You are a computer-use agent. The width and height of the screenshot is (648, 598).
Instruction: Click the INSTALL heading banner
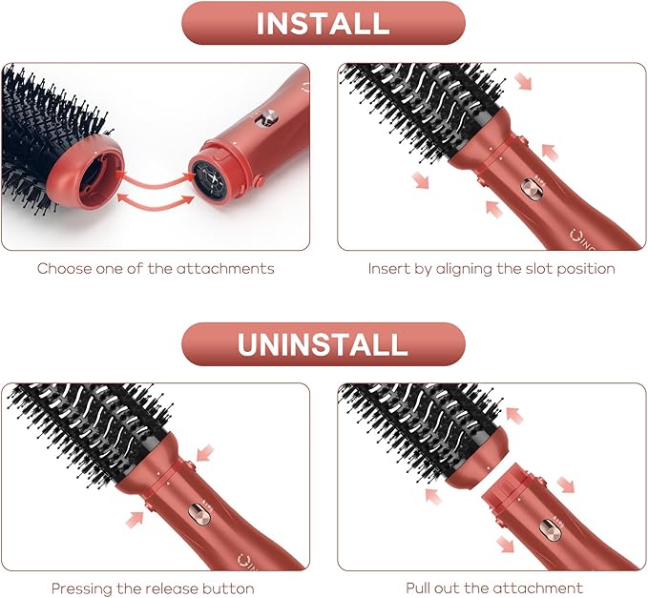323,23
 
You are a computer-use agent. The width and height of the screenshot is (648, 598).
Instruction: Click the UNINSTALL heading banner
323,343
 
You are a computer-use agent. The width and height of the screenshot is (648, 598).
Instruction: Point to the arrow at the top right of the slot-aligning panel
525,82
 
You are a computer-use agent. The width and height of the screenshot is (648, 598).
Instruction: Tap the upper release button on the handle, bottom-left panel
189,465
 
